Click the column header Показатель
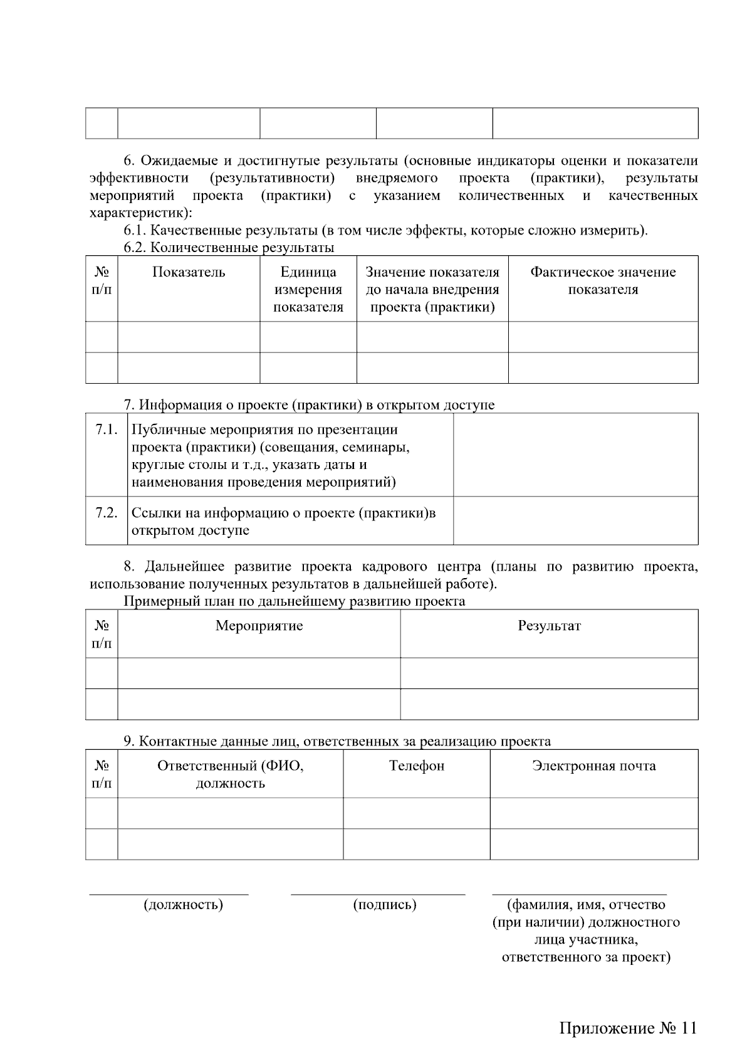pos(189,272)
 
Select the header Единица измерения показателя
pos(308,290)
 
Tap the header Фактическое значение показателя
pos(603,281)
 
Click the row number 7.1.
pos(107,429)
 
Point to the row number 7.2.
pos(107,513)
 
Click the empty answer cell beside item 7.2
pos(575,520)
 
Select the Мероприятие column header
pos(259,626)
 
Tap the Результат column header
pos(549,626)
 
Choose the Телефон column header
pos(416,766)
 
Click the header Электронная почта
pos(593,766)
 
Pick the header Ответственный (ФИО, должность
pos(230,774)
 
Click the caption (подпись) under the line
pos(385,905)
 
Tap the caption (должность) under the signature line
pos(183,905)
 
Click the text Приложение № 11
pos(627,1029)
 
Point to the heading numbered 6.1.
pos(385,230)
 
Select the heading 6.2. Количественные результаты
pos(229,248)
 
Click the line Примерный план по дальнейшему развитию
pos(294,601)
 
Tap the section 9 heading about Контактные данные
pos(337,742)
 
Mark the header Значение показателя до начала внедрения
pos(432,290)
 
